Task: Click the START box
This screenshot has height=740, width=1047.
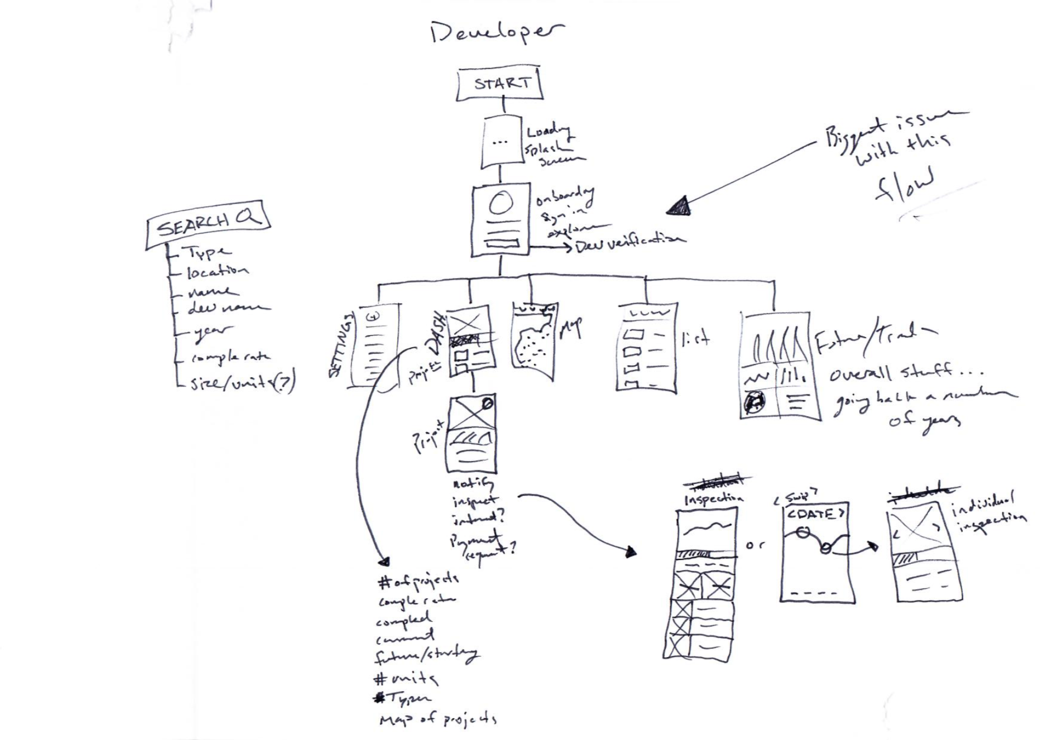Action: pyautogui.click(x=500, y=84)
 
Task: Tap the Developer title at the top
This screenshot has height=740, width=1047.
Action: pyautogui.click(x=496, y=33)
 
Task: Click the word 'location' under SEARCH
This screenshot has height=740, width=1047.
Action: pyautogui.click(x=217, y=271)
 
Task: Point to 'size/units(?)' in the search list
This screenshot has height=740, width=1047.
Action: pyautogui.click(x=242, y=383)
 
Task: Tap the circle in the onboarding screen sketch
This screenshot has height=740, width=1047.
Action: pyautogui.click(x=501, y=205)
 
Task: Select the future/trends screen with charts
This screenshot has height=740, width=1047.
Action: pyautogui.click(x=779, y=366)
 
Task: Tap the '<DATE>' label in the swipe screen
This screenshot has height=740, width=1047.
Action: pyautogui.click(x=815, y=514)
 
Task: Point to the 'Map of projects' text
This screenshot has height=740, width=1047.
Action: pyautogui.click(x=437, y=720)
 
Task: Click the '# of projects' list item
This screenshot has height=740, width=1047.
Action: pyautogui.click(x=418, y=582)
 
